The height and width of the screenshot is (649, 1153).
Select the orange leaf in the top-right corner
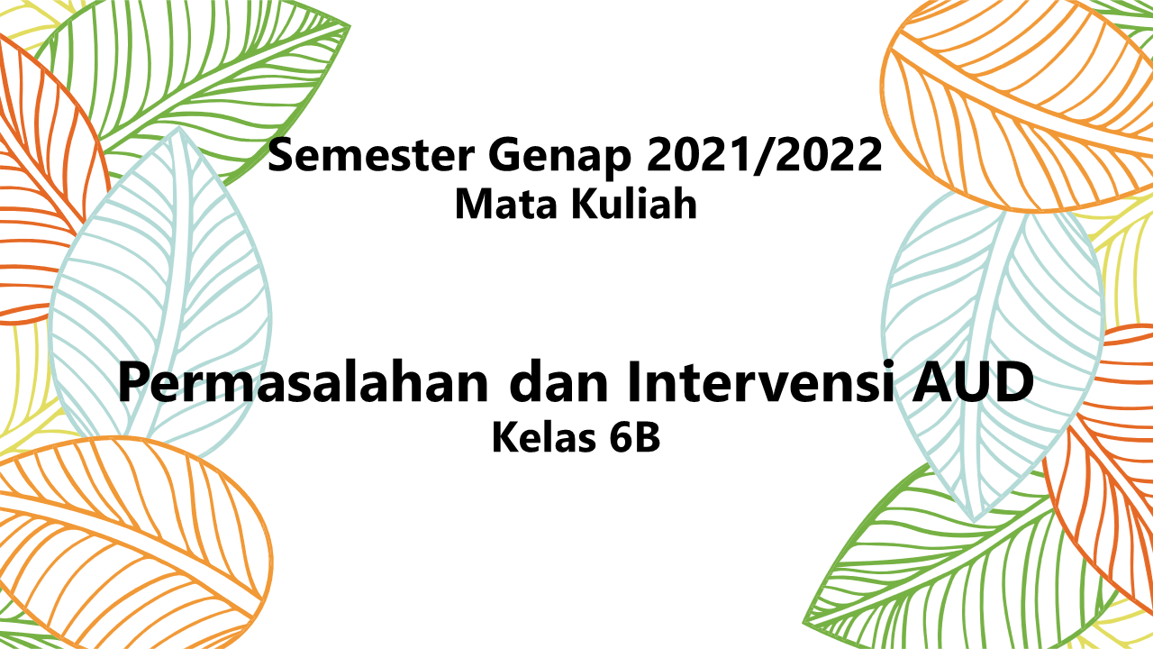(x=1009, y=99)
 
